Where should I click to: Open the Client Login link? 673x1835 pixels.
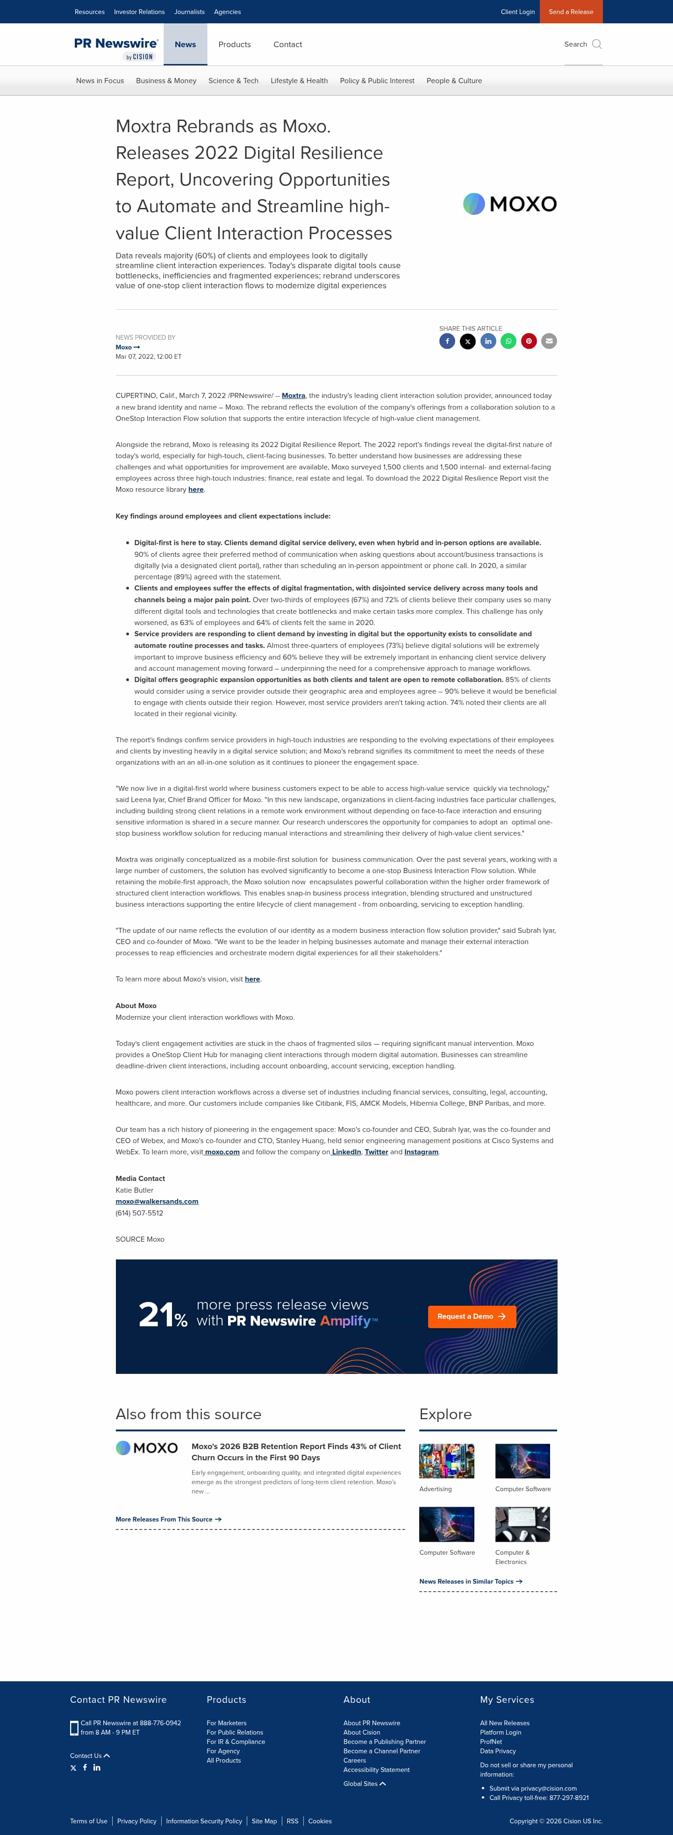pos(517,11)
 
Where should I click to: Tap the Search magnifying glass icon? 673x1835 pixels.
pos(597,44)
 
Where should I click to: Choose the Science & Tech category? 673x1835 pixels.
pos(233,80)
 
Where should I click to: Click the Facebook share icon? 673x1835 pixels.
pos(447,341)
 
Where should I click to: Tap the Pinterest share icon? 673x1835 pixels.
pos(528,341)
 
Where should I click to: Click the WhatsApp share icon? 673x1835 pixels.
pos(508,341)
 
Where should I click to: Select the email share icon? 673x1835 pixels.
pos(549,341)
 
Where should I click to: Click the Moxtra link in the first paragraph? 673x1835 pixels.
pos(293,395)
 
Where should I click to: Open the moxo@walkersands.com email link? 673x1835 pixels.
pos(157,1201)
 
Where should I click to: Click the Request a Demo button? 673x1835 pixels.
pos(471,1316)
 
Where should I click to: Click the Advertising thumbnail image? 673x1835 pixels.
pos(446,1461)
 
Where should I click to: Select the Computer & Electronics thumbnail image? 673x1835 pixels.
pos(522,1524)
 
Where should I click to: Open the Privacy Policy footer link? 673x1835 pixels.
pos(137,1821)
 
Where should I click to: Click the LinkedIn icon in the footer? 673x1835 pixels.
pos(97,1767)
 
